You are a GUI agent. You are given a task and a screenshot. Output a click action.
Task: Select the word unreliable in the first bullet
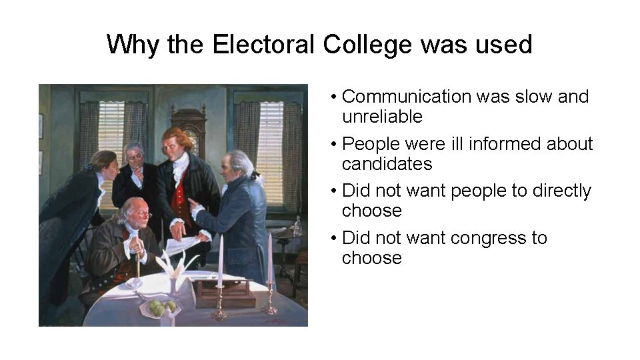[382, 117]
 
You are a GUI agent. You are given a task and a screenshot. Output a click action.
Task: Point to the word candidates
[387, 164]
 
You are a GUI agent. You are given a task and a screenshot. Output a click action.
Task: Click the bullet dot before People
[333, 145]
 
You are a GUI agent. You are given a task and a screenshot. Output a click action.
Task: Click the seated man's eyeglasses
[141, 215]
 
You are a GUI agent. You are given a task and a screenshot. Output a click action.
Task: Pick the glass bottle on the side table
[297, 226]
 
